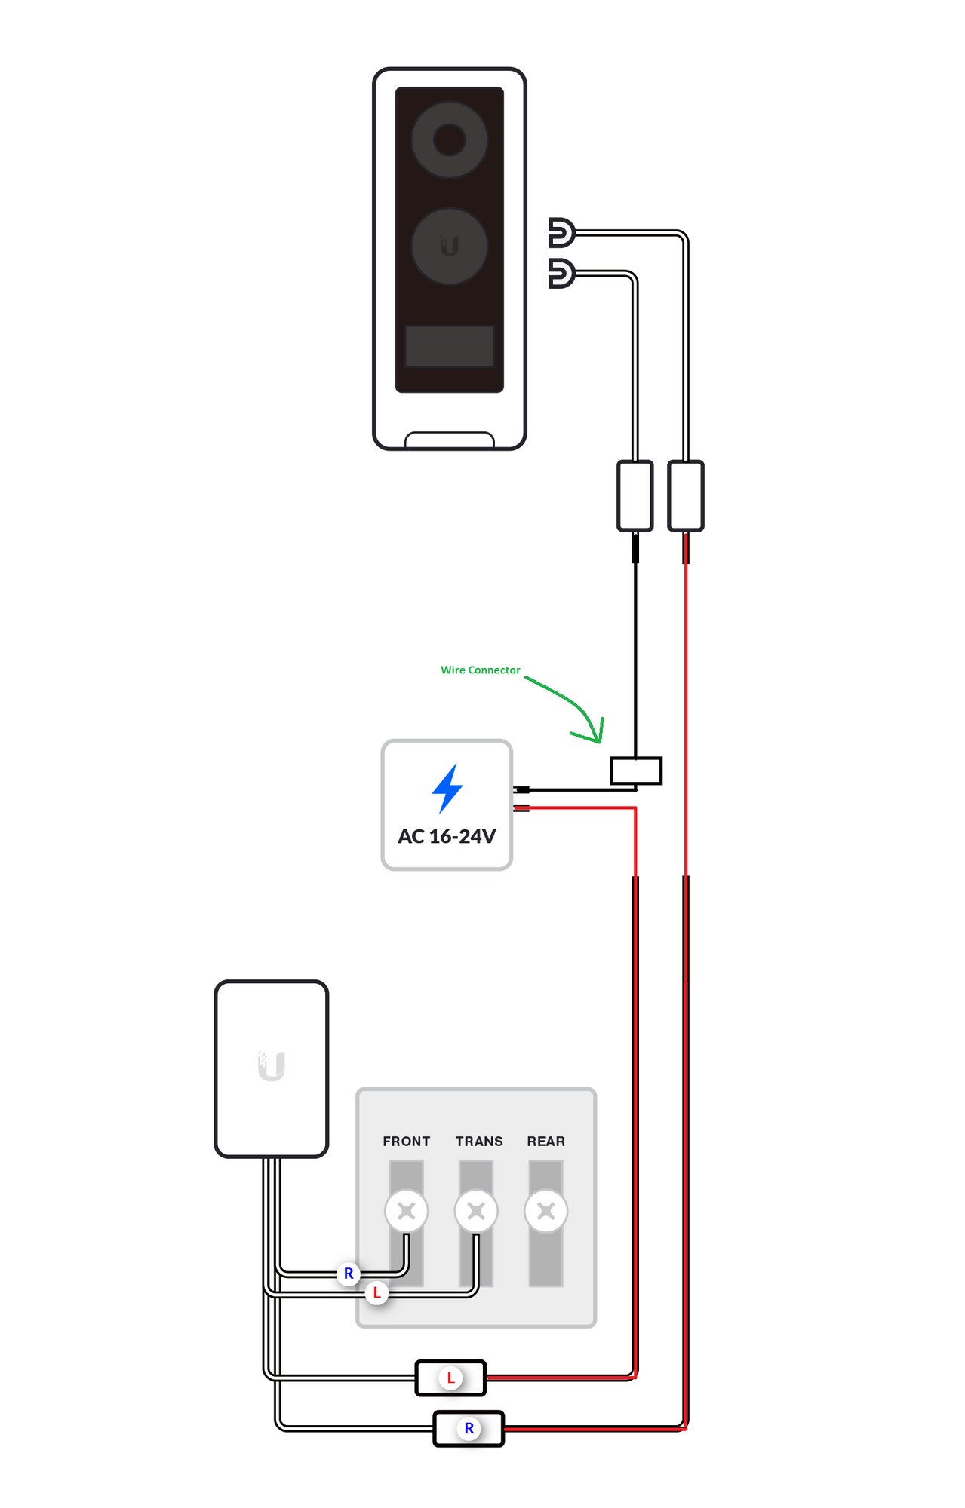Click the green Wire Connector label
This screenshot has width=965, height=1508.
coord(481,670)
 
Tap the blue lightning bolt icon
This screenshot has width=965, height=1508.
coord(447,788)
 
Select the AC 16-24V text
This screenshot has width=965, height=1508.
coord(447,836)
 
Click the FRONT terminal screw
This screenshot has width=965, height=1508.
coord(407,1211)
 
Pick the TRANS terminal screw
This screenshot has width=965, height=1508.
coord(476,1211)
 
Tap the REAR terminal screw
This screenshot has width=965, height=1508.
coord(546,1211)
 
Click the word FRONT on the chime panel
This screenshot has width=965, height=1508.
coord(407,1142)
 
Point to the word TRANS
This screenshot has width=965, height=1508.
coord(479,1142)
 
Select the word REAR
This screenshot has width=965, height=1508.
coord(546,1142)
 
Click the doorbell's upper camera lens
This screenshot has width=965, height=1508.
coord(450,139)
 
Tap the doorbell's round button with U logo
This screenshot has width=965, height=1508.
coord(450,247)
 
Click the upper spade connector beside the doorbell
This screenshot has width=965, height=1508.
coord(561,233)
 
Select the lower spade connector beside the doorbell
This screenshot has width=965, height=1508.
coord(561,274)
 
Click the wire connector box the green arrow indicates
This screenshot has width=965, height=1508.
coord(636,771)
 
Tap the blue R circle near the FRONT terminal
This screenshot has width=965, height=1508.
coord(349,1274)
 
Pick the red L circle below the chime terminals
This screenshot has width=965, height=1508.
coord(376,1292)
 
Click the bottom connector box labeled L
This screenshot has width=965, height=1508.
coord(451,1378)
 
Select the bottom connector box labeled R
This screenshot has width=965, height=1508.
coord(469,1428)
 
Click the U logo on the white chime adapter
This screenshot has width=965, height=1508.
coord(272,1066)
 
